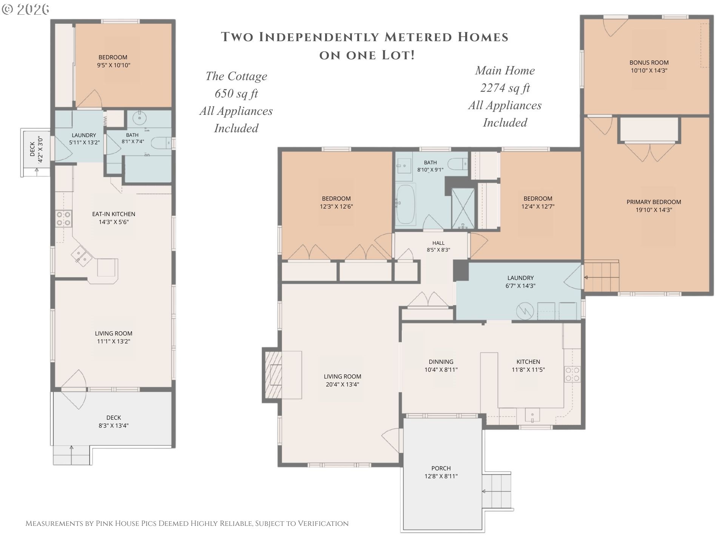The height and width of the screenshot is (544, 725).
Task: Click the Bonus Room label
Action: point(649,63)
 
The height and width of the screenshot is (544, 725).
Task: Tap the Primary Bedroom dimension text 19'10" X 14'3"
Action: point(654,210)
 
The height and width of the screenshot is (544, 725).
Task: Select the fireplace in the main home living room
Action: point(273,374)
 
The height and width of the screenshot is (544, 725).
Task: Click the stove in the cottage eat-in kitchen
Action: point(63,219)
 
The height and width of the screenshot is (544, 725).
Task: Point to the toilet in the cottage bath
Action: point(160,143)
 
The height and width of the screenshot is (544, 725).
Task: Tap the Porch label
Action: point(441,468)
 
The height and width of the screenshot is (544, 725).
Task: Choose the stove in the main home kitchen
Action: point(572,374)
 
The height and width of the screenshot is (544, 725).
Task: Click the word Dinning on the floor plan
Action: point(441,362)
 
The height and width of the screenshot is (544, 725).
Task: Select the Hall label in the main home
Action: point(438,243)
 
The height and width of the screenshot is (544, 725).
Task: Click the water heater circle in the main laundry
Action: point(525,311)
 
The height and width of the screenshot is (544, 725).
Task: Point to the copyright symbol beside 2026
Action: point(7,9)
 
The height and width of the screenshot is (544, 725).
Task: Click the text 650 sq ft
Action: point(236,93)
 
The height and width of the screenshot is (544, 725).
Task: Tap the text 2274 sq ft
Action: point(505,88)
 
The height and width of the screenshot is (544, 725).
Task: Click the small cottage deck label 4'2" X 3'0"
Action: point(40,150)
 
